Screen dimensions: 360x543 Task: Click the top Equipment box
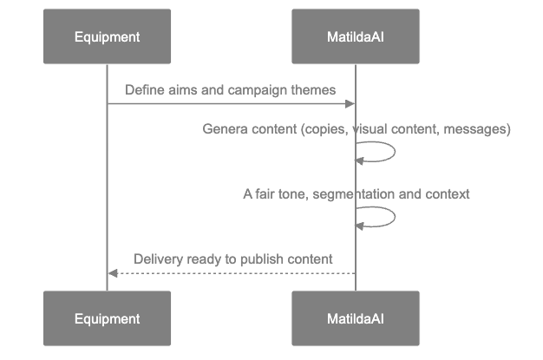[x=107, y=37]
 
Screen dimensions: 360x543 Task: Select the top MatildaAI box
[x=355, y=37]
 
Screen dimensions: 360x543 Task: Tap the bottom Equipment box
[x=107, y=318]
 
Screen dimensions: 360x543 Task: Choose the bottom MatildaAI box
[x=355, y=318]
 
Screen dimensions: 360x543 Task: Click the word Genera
[x=222, y=129]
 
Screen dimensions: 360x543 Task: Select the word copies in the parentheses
[x=325, y=129]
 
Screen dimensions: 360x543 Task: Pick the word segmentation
[x=353, y=194]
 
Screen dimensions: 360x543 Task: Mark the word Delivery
[x=157, y=259]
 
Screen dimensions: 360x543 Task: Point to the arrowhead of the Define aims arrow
[x=350, y=104]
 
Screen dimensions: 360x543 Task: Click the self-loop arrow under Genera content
[x=392, y=153]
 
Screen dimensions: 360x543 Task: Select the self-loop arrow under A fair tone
[x=392, y=218]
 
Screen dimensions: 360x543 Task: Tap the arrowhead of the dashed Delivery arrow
[x=112, y=273]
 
